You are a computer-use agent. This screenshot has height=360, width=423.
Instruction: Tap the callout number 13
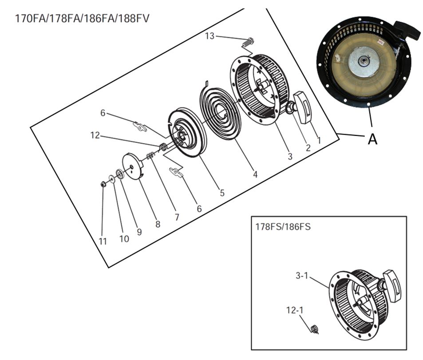click(210, 36)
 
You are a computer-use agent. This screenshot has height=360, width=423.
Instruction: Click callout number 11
click(103, 241)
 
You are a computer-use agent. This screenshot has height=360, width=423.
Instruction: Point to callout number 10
click(124, 239)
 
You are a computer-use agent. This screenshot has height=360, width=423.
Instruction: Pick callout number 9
click(139, 232)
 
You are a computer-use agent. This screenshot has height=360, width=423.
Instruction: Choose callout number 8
click(158, 224)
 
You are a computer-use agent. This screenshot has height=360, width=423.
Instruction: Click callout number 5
click(222, 193)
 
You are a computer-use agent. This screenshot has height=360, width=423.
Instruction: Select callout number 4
click(255, 175)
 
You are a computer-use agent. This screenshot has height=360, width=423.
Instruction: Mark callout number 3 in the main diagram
click(290, 156)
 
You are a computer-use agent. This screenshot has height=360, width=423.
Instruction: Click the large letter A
click(372, 139)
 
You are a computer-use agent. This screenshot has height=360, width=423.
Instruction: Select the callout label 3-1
click(302, 276)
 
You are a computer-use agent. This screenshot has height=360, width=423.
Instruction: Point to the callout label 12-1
click(294, 310)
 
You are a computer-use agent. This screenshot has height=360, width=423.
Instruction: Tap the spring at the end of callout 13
click(249, 42)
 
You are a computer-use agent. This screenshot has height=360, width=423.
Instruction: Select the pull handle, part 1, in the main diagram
click(303, 107)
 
